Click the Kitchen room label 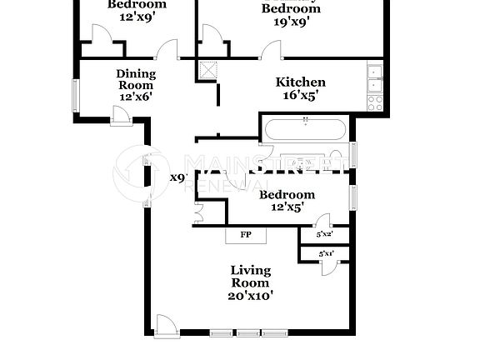300,82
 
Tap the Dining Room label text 135,79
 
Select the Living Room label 250,277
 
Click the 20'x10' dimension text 250,295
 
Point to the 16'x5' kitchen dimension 300,95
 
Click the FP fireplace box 246,234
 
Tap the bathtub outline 304,129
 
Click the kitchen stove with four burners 375,102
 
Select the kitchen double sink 375,77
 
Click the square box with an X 207,70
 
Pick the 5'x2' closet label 322,235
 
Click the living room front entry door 165,325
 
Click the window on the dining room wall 77,93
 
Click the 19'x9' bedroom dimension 292,22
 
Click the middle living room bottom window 247,333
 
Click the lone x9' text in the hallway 177,177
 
